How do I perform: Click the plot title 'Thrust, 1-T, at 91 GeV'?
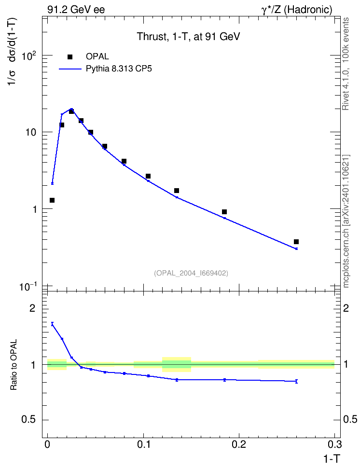click(188, 37)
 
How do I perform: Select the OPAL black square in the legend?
click(70, 57)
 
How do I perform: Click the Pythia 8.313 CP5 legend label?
click(119, 69)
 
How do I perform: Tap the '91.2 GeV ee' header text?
click(76, 10)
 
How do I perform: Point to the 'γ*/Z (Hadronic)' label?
click(297, 10)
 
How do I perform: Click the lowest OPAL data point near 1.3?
click(52, 200)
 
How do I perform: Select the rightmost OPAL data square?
click(296, 242)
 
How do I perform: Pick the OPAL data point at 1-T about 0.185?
click(224, 212)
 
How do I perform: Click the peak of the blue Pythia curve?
click(71, 109)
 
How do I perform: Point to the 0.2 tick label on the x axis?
click(239, 444)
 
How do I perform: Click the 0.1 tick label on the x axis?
click(143, 444)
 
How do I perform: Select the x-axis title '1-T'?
click(332, 458)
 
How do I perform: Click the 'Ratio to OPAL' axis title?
click(14, 365)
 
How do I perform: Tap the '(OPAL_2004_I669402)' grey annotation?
click(191, 273)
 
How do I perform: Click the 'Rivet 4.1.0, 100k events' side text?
click(346, 64)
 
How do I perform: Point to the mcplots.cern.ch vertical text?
click(346, 221)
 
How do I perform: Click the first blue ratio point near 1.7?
click(53, 324)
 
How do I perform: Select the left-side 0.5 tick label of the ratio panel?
click(28, 420)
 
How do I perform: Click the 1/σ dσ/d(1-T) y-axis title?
click(13, 52)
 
